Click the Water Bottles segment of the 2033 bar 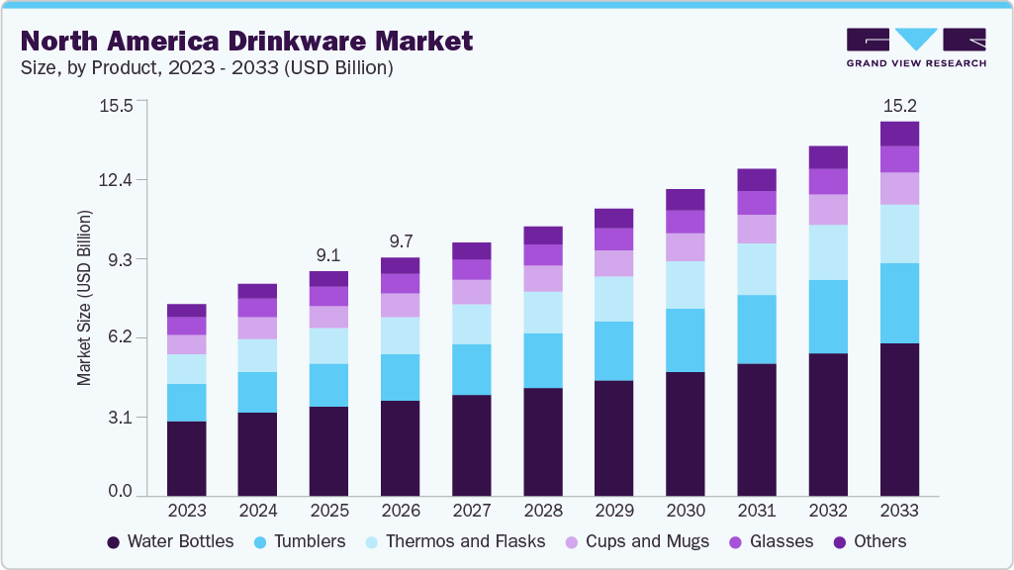pyautogui.click(x=899, y=419)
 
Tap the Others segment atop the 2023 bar pyautogui.click(x=186, y=310)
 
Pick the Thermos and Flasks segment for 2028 pyautogui.click(x=542, y=313)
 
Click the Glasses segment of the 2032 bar pyautogui.click(x=828, y=181)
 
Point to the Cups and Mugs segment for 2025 pyautogui.click(x=328, y=317)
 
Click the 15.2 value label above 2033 pyautogui.click(x=899, y=106)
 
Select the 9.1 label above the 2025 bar pyautogui.click(x=328, y=255)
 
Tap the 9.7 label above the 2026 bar pyautogui.click(x=400, y=241)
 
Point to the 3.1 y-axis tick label pyautogui.click(x=120, y=417)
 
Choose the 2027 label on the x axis pyautogui.click(x=471, y=511)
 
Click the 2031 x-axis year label pyautogui.click(x=757, y=511)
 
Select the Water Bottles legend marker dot pyautogui.click(x=113, y=542)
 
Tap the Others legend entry pyautogui.click(x=872, y=541)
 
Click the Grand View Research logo pyautogui.click(x=915, y=47)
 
